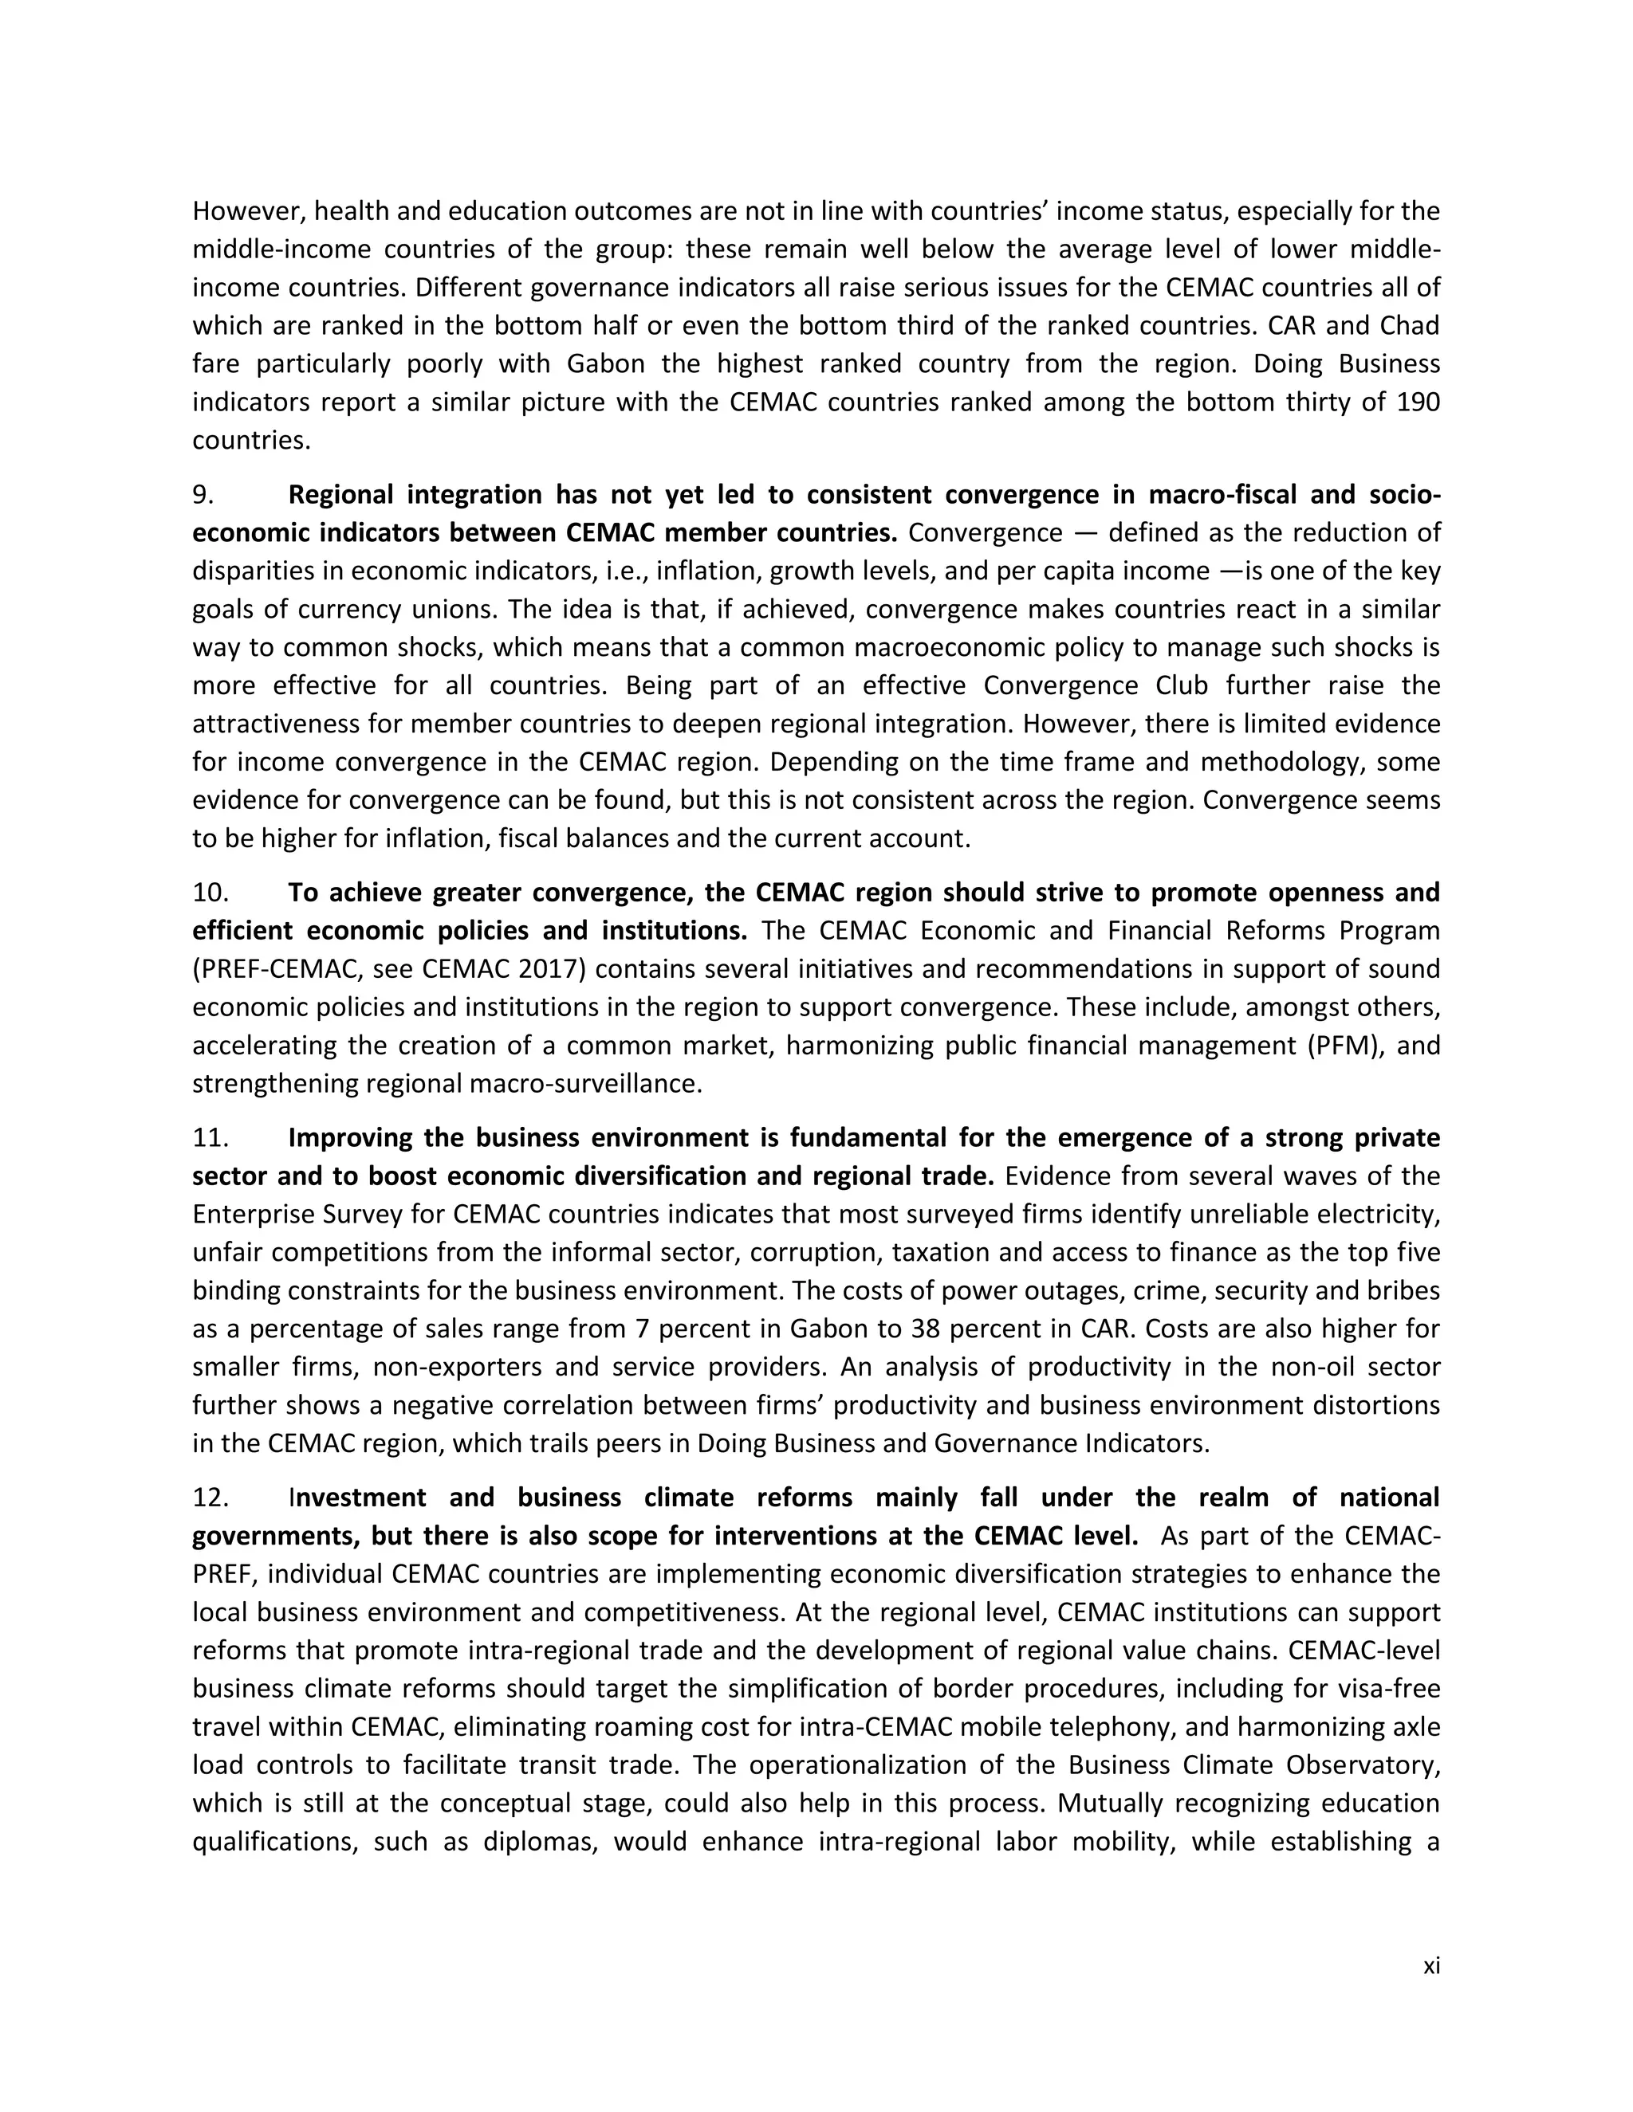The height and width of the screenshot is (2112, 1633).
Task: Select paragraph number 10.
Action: tap(210, 893)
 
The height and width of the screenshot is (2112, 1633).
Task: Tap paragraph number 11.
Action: tap(210, 1138)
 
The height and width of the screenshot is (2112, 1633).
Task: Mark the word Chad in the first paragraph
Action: tap(1410, 326)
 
